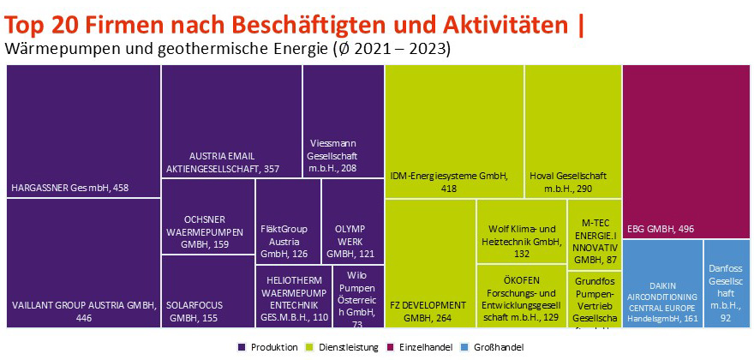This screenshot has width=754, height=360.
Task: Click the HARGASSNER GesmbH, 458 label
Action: tap(69, 187)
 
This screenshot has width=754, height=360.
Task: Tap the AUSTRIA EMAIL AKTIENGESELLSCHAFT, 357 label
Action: tap(223, 161)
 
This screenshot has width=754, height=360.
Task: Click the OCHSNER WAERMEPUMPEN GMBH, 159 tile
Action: tap(207, 231)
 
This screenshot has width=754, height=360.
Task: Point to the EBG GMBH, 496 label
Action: tap(660, 229)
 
